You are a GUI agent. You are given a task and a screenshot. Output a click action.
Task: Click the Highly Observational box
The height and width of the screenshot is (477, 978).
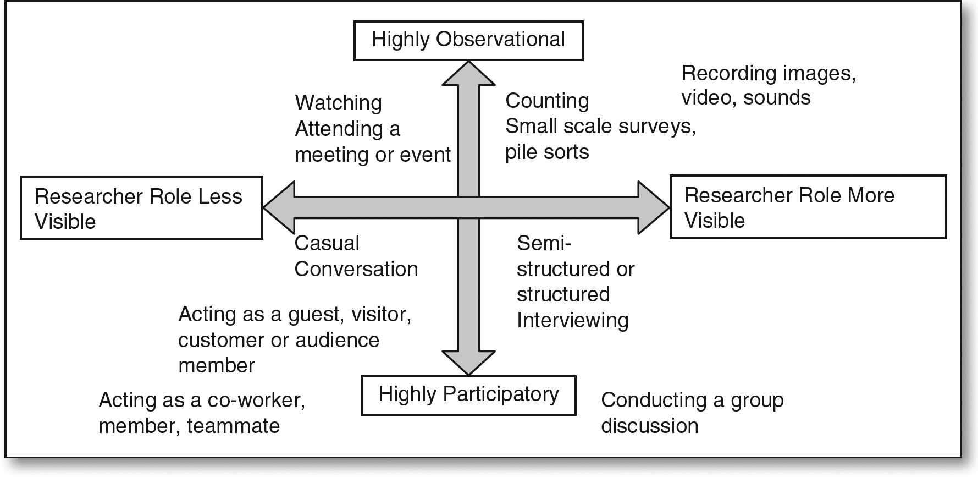pos(468,40)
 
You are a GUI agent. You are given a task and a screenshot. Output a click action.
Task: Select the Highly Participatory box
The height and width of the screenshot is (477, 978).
pos(468,395)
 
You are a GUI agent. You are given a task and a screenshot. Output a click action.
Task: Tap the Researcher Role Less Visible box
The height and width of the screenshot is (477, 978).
pos(141,208)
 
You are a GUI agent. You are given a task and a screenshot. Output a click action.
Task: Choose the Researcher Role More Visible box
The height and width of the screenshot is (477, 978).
pos(808,207)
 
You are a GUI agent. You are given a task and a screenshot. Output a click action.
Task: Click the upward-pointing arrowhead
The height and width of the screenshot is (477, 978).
pos(469,74)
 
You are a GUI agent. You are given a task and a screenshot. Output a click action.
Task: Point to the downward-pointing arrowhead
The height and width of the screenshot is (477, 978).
pos(469,362)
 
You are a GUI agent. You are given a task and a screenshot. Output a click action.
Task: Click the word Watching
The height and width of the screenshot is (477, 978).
pos(338,103)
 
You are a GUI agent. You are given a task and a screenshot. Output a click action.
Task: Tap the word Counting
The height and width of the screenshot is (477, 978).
pos(547,101)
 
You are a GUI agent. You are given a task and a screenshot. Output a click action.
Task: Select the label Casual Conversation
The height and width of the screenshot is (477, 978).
pos(356,256)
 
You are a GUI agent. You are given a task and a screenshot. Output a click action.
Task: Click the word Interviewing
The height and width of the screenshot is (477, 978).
pos(572,320)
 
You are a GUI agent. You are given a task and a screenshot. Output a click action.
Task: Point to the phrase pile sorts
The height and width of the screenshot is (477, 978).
pos(547,152)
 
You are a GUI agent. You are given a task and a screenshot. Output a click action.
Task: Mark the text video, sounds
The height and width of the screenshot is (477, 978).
pos(746,98)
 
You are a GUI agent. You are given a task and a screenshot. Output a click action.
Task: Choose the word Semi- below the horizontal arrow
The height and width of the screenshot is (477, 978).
pos(544,243)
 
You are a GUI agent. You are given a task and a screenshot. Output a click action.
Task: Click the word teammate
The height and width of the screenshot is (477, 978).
pos(233,426)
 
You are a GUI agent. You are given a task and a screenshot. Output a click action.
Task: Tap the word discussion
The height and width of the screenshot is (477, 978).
pos(649,426)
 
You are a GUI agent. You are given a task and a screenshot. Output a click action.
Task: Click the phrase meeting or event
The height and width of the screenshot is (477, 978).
pos(373,155)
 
